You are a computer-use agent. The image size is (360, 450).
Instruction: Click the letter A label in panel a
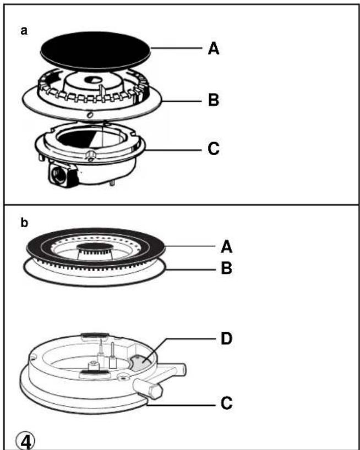(x=214, y=48)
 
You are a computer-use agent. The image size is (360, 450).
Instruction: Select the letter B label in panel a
(x=214, y=100)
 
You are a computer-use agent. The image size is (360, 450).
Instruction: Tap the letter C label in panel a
(x=214, y=149)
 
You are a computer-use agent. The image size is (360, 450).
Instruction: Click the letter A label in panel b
(x=226, y=247)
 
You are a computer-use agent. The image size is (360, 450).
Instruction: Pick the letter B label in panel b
(x=226, y=268)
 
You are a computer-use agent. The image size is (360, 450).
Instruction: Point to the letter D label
(x=226, y=339)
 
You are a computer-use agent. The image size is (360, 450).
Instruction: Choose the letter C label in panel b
(x=226, y=403)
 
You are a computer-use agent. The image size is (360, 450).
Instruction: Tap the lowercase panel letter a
(x=24, y=30)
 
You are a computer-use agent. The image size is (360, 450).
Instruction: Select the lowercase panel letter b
(x=24, y=222)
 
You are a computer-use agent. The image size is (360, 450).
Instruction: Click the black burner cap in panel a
(x=96, y=51)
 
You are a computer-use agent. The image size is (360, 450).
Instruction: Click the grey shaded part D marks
(x=141, y=363)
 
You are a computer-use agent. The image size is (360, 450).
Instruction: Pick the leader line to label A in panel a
(x=176, y=48)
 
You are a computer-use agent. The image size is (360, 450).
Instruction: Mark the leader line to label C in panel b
(x=181, y=405)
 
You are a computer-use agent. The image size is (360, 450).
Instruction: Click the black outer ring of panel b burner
(x=96, y=233)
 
